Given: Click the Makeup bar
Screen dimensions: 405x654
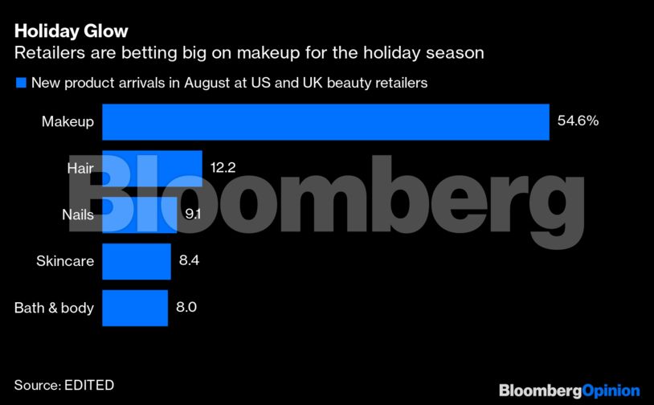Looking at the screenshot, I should (325, 122).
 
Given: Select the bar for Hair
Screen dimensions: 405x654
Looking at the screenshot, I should (152, 169).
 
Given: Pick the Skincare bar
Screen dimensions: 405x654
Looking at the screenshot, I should (137, 261).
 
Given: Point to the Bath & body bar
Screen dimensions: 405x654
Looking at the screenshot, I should (135, 308).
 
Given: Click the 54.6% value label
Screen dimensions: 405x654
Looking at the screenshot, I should (578, 122).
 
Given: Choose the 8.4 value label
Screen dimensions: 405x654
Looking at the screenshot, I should (188, 261).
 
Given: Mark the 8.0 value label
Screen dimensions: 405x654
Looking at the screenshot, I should (186, 308).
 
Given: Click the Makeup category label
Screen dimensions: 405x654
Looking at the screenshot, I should (68, 122).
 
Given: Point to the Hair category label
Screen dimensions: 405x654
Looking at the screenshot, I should (81, 169).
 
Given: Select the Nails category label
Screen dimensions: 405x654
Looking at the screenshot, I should (78, 215).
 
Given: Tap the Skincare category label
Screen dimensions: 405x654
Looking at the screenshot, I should (65, 261).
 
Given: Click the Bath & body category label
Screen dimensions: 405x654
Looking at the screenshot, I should (55, 308).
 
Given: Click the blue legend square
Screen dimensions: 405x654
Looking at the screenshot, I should (20, 83).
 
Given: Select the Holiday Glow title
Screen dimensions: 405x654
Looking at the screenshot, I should (72, 32).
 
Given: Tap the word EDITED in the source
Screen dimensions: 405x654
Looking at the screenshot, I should (88, 385).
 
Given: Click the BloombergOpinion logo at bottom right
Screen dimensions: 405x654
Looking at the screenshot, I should (569, 390).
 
